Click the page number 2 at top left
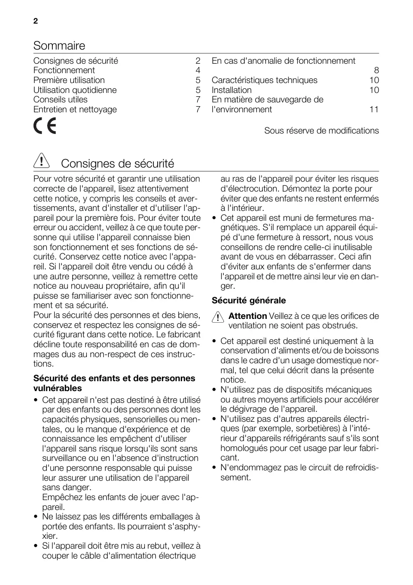coord(35,22)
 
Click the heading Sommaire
coord(59,46)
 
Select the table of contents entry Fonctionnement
coord(64,70)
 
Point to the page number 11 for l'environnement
coord(374,109)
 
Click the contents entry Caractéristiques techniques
coord(264,80)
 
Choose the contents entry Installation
coord(231,90)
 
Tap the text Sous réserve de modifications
coord(321,131)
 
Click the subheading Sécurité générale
coord(249,301)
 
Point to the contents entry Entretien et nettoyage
coord(75,109)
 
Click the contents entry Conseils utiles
coord(60,100)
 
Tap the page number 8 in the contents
coord(376,71)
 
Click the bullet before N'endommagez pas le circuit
coord(215,468)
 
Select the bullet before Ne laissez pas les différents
coord(36,517)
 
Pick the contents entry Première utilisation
coord(69,80)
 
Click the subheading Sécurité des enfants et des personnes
coord(114,378)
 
